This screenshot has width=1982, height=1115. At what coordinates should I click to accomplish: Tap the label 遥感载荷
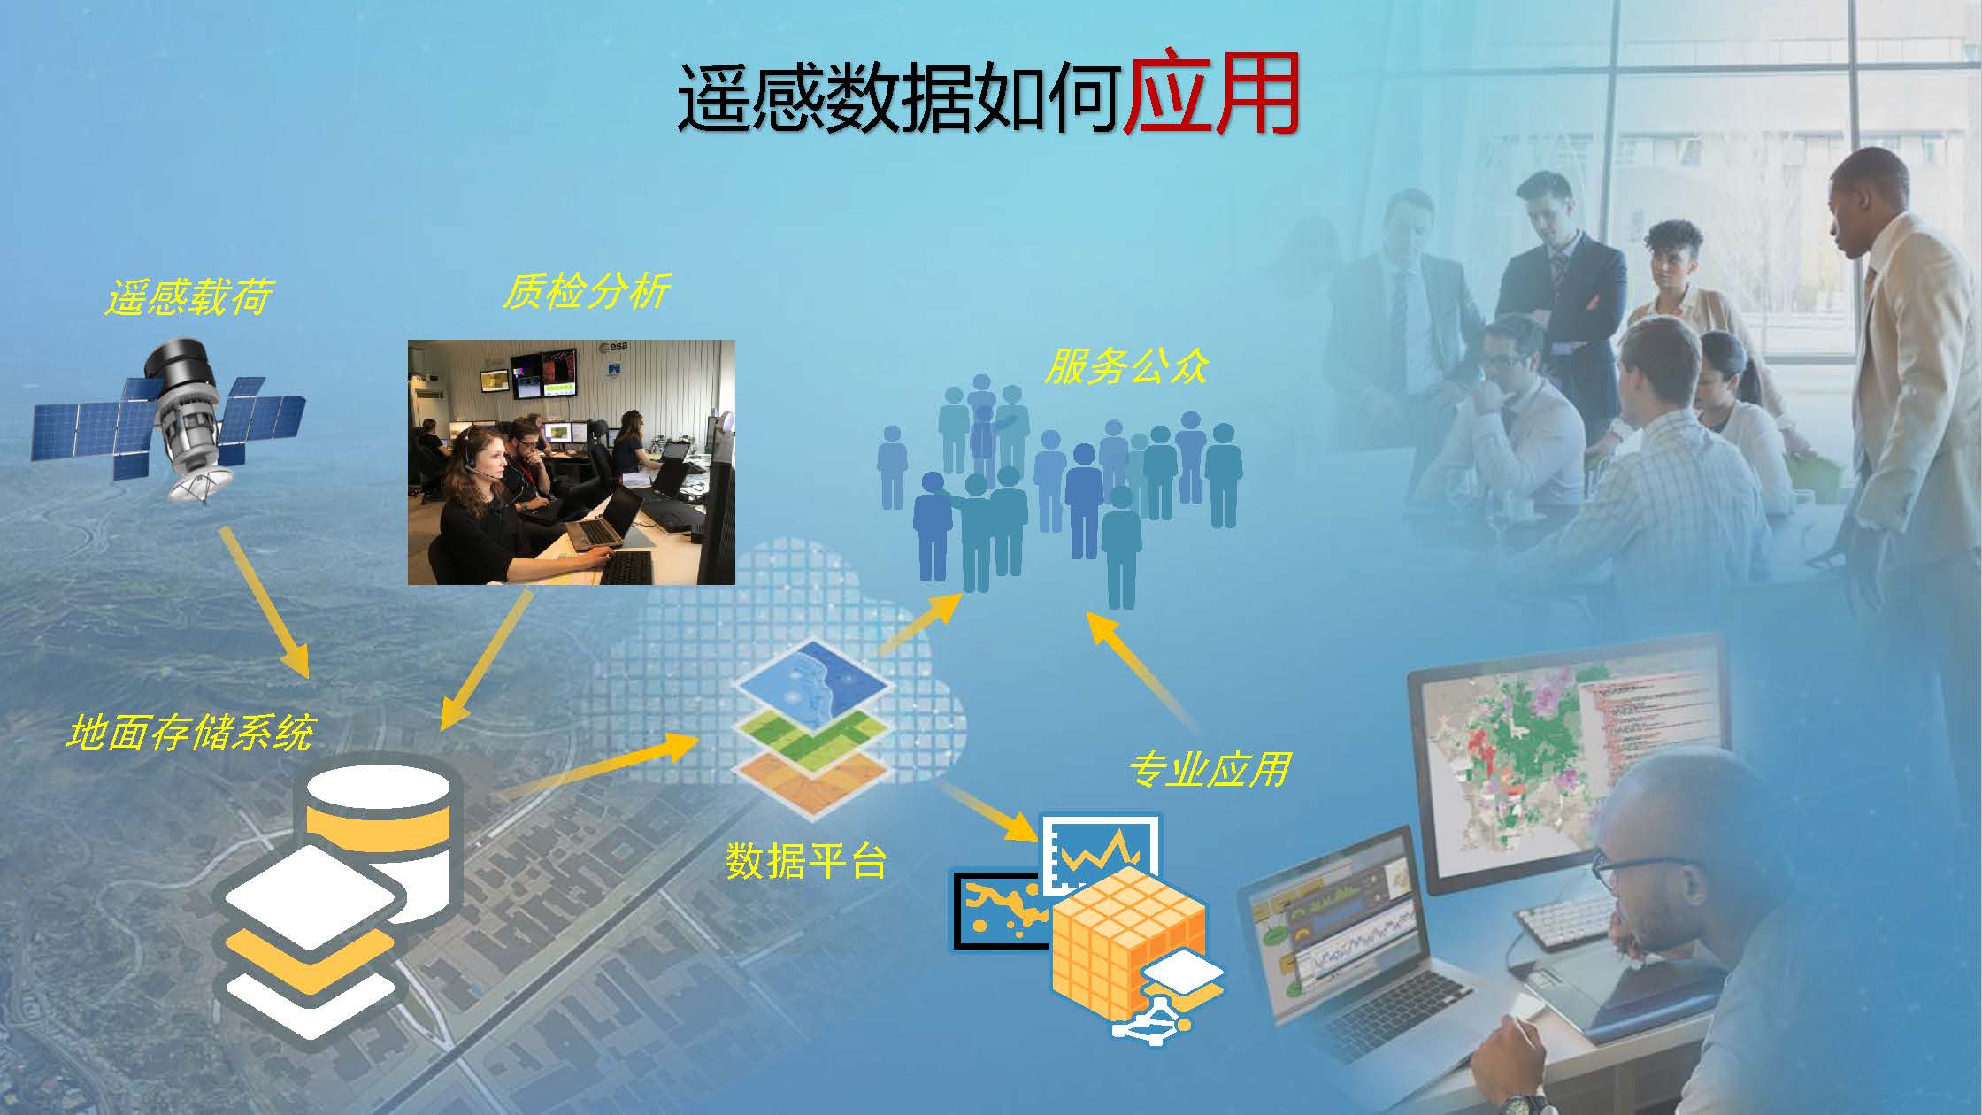(x=188, y=296)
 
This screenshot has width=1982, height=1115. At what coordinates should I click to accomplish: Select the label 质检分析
(x=587, y=289)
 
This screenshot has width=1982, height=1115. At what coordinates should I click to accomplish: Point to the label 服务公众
(x=1126, y=365)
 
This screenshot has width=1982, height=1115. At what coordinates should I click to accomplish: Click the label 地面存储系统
(x=190, y=733)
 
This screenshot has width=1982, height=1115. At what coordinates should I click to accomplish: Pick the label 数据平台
(x=806, y=859)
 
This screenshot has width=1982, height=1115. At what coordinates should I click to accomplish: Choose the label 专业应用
(x=1209, y=769)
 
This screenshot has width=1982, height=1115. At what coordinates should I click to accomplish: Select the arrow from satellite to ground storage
(x=264, y=602)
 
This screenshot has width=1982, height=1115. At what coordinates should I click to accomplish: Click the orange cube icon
(x=1129, y=943)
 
